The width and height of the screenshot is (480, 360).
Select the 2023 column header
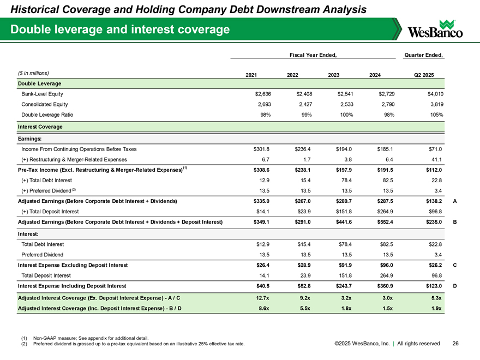331,75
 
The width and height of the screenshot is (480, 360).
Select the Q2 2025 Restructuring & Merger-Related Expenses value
436,159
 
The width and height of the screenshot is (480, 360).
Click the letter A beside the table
454,201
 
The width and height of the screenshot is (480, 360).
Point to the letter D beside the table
454,285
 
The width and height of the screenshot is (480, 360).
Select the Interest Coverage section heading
40,127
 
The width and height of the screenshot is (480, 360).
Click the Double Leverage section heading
39,83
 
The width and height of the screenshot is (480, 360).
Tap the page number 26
456,344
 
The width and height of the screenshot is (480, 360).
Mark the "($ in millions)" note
34,73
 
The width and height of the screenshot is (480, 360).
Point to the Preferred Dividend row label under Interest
42,254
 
